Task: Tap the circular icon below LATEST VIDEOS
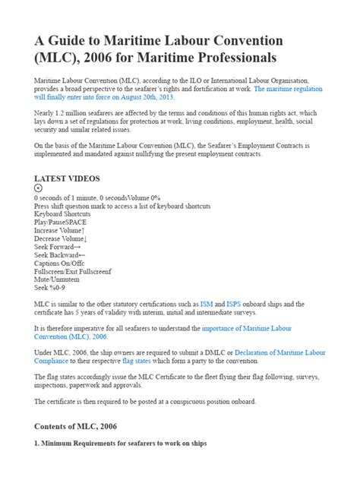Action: tap(39, 188)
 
